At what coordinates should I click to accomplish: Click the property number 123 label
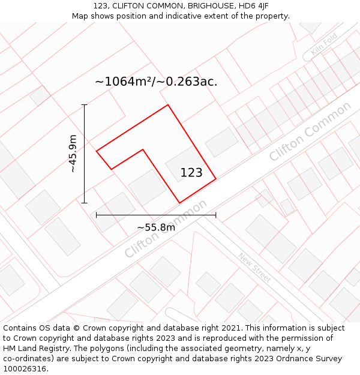[x=191, y=173]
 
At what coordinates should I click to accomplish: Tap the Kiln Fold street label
[x=325, y=44]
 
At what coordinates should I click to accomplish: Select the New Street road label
[x=254, y=267]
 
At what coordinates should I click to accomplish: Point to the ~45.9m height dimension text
[x=73, y=154]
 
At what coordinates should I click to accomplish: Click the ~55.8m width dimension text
[x=156, y=227]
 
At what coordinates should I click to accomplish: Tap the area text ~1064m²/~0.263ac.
[x=156, y=82]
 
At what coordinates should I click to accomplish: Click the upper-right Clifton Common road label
[x=310, y=131]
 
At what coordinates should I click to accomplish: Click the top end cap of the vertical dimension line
[x=85, y=105]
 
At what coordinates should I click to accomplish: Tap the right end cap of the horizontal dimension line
[x=216, y=214]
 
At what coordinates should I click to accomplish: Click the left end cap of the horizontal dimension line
[x=96, y=214]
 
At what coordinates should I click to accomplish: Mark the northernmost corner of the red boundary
[x=167, y=105]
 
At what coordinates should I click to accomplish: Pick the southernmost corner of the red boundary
[x=179, y=203]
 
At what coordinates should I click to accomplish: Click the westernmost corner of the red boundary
[x=96, y=151]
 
